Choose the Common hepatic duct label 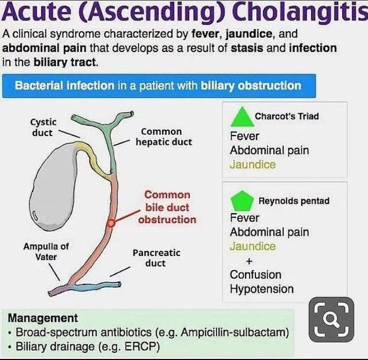point(164,136)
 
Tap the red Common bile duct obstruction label point(167,207)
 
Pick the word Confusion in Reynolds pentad point(256,275)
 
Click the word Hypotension point(261,289)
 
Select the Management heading point(43,318)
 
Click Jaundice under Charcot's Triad point(253,165)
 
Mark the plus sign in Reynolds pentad point(249,261)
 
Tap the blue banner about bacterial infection point(158,85)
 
